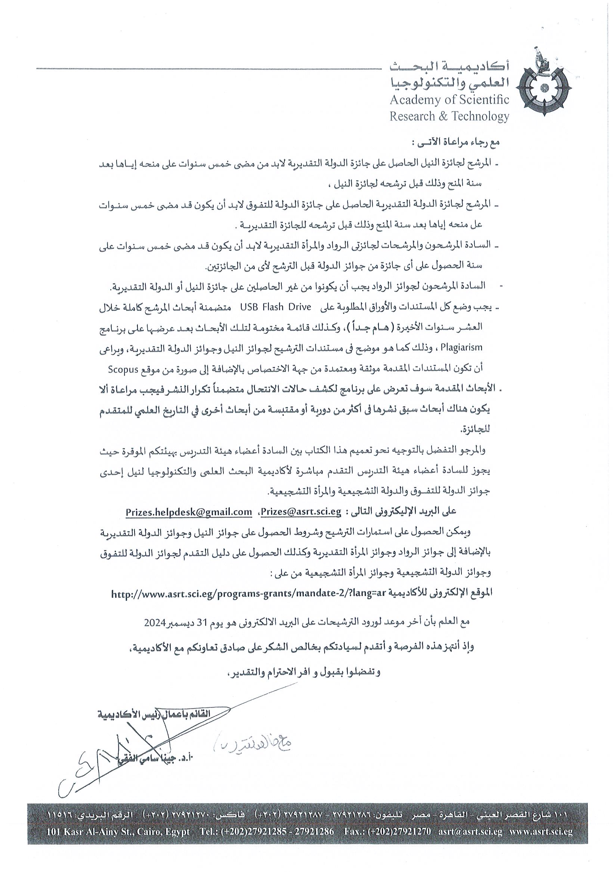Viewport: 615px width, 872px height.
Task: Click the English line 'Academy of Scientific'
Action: coord(449,100)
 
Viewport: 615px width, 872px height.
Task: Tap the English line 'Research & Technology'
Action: coord(449,116)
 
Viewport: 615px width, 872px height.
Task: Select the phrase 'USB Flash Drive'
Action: coord(275,307)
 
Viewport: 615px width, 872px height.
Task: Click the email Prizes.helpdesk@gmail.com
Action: coord(189,511)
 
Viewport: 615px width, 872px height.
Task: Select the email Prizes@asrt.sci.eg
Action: coord(301,511)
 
